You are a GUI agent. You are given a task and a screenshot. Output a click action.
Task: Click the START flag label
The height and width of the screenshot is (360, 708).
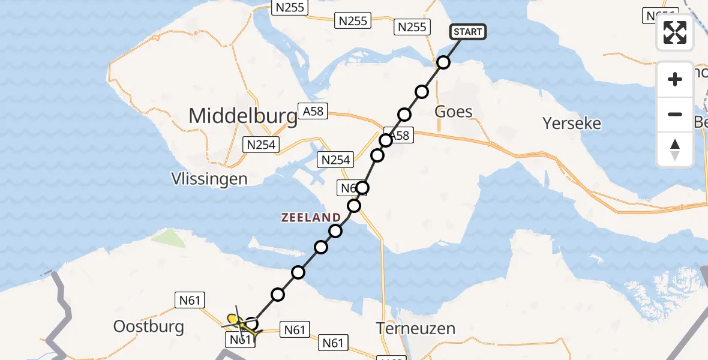[467, 32]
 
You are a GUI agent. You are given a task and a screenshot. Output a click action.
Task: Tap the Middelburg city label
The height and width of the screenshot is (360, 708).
[243, 116]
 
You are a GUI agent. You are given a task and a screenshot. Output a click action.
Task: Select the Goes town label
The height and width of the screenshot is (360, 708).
[453, 112]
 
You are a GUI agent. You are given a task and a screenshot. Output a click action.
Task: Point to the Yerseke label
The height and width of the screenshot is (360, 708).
[571, 124]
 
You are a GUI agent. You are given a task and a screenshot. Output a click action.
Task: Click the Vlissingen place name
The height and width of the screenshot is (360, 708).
[209, 179]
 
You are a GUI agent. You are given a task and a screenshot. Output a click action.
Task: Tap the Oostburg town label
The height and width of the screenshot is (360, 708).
[148, 327]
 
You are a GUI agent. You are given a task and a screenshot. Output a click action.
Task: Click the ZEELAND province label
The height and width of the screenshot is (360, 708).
[311, 218]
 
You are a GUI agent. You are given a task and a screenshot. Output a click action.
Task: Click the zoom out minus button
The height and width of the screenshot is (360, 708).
[675, 115]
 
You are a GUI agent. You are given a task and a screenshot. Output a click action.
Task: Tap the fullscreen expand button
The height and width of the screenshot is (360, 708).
[675, 32]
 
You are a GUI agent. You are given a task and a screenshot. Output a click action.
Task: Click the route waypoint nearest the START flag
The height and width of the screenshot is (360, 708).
[443, 62]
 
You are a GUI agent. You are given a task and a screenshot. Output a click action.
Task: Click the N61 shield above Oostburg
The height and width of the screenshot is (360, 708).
[190, 299]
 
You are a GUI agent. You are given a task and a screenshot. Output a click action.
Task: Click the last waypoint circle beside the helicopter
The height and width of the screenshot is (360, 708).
[252, 325]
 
